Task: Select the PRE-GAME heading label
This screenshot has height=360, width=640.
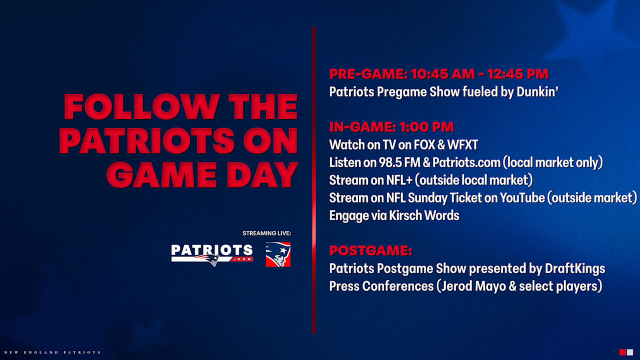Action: click(x=366, y=74)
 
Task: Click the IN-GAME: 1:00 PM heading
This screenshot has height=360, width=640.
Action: click(x=391, y=127)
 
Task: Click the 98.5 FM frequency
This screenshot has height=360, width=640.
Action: click(x=394, y=162)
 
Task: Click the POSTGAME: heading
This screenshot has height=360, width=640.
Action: click(x=370, y=250)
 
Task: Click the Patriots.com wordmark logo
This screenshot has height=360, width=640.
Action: click(x=212, y=254)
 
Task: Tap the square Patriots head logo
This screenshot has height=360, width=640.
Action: click(x=278, y=254)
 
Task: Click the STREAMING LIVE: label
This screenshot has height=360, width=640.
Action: click(x=266, y=233)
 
